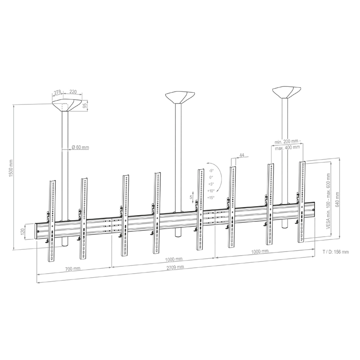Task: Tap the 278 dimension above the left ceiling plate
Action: click(x=57, y=92)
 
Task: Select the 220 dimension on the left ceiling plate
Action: click(x=73, y=92)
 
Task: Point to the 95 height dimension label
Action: click(x=85, y=106)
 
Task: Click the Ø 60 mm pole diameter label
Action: click(x=81, y=147)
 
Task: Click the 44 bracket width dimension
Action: click(x=242, y=155)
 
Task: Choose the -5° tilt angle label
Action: click(x=211, y=171)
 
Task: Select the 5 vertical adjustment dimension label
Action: click(x=191, y=197)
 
